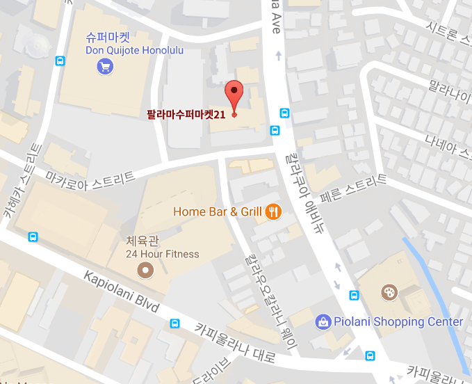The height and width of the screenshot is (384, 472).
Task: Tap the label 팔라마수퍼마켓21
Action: click(x=186, y=113)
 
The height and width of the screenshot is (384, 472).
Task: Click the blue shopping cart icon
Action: click(x=105, y=67)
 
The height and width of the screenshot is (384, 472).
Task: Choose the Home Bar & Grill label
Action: click(x=217, y=211)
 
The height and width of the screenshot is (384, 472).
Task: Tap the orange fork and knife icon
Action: click(x=274, y=211)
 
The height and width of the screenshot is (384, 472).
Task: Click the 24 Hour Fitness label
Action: click(x=162, y=254)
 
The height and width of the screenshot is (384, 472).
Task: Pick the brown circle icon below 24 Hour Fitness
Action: click(x=145, y=270)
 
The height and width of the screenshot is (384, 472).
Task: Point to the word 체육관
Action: click(x=142, y=241)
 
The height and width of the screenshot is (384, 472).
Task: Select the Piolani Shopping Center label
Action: click(x=398, y=321)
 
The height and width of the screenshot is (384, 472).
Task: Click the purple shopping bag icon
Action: click(x=323, y=321)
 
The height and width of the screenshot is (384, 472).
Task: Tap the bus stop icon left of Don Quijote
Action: click(x=60, y=61)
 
